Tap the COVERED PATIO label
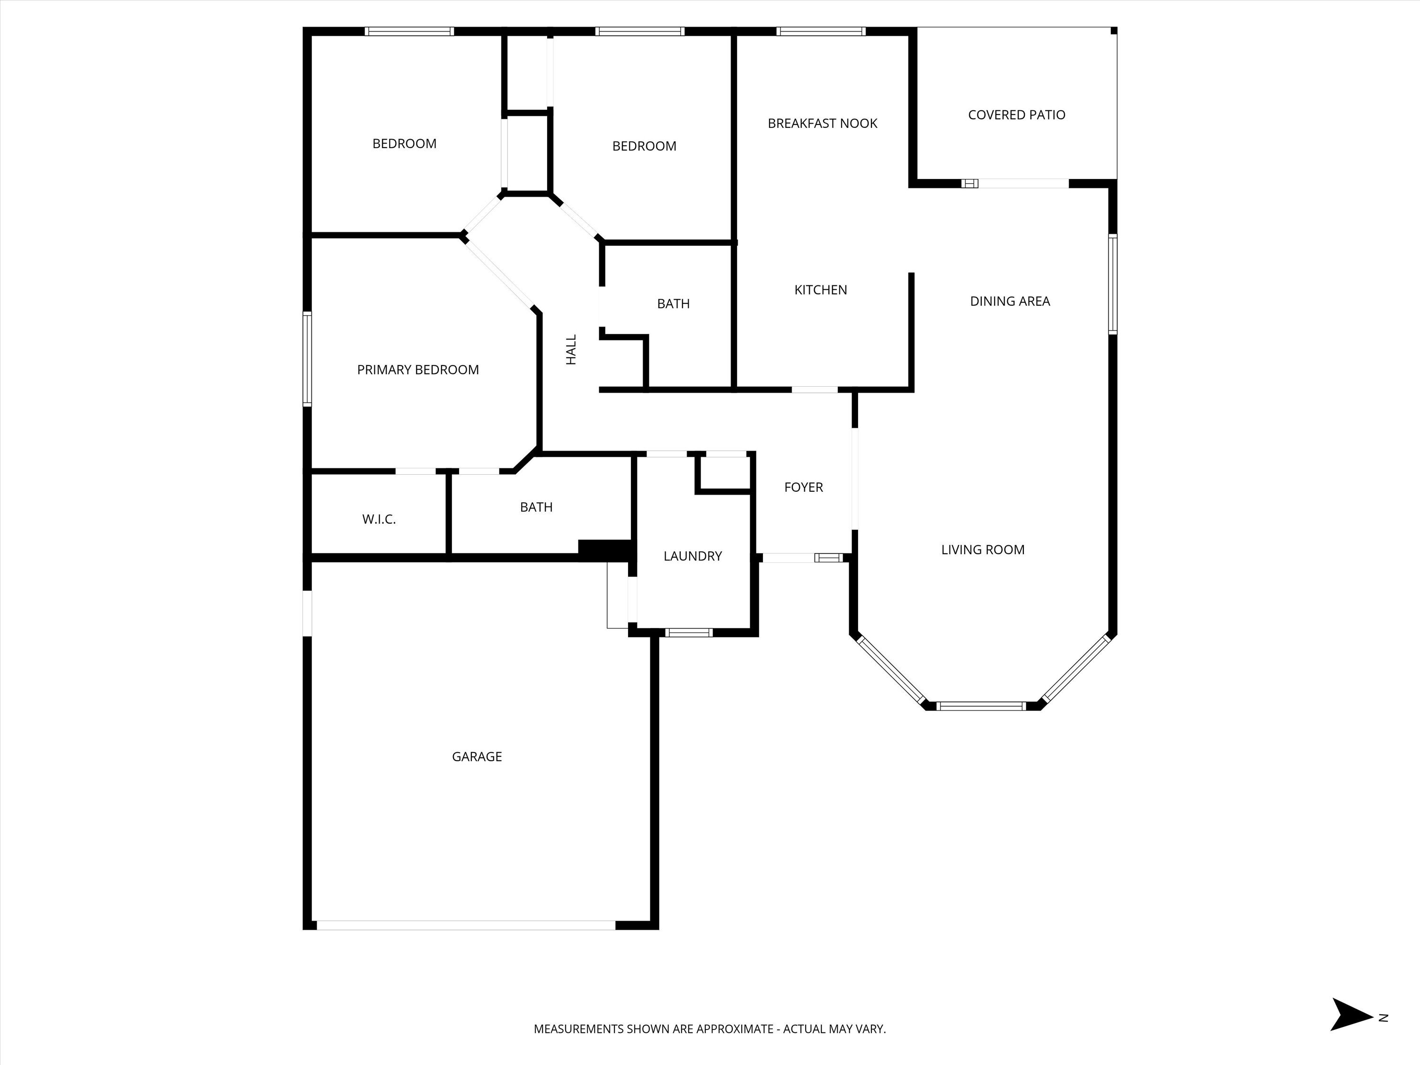pyautogui.click(x=1016, y=115)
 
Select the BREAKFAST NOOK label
pyautogui.click(x=822, y=123)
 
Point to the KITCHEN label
pyautogui.click(x=820, y=290)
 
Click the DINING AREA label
pyautogui.click(x=1010, y=301)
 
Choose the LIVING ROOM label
pyautogui.click(x=982, y=550)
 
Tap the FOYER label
pyautogui.click(x=803, y=487)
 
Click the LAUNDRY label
pyautogui.click(x=692, y=556)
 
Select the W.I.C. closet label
pyautogui.click(x=379, y=519)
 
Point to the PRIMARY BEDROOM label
pyautogui.click(x=417, y=370)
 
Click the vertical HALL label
pyautogui.click(x=571, y=350)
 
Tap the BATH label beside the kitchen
pyautogui.click(x=673, y=304)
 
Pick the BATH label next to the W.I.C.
pyautogui.click(x=536, y=507)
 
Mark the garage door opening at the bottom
pyautogui.click(x=465, y=925)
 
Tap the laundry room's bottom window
pyautogui.click(x=689, y=633)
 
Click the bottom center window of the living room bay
pyautogui.click(x=981, y=706)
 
